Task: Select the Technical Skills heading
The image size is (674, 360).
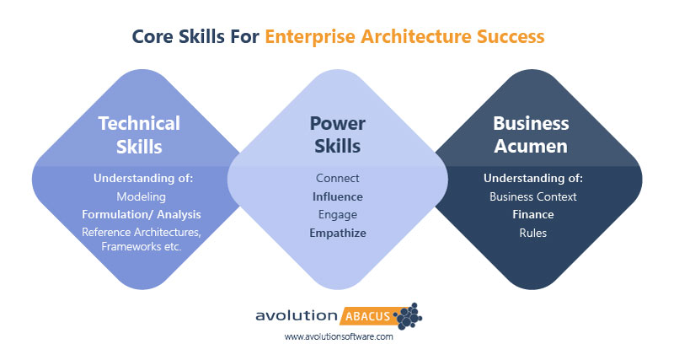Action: [139, 134]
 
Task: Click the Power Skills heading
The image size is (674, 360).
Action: [337, 134]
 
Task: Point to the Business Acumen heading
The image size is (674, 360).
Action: [531, 134]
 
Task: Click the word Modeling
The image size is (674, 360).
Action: [141, 196]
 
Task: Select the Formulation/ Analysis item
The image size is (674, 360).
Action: [141, 214]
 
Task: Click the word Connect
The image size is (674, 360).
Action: [337, 178]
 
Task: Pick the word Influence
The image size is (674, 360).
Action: [337, 196]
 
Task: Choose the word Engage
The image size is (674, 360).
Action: [337, 214]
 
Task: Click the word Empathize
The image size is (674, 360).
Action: [337, 233]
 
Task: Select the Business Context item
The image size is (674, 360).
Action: [532, 196]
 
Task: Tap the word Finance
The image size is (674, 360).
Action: [532, 214]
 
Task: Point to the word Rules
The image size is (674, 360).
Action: [532, 233]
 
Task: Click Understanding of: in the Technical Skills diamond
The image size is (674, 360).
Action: [141, 178]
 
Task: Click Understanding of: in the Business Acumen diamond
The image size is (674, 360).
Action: [532, 178]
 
